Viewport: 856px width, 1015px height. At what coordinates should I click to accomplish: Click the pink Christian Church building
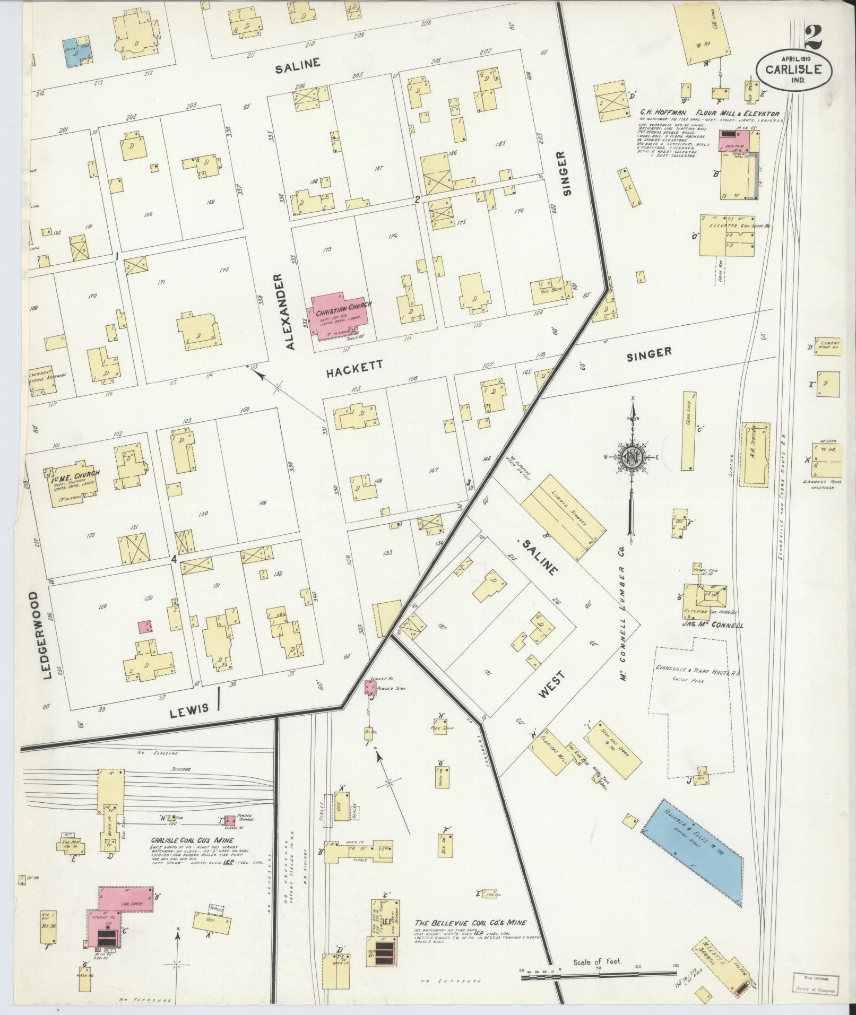342,316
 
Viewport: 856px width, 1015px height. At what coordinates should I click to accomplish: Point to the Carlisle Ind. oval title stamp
794,69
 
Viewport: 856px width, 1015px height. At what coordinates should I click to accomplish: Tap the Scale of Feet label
598,962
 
